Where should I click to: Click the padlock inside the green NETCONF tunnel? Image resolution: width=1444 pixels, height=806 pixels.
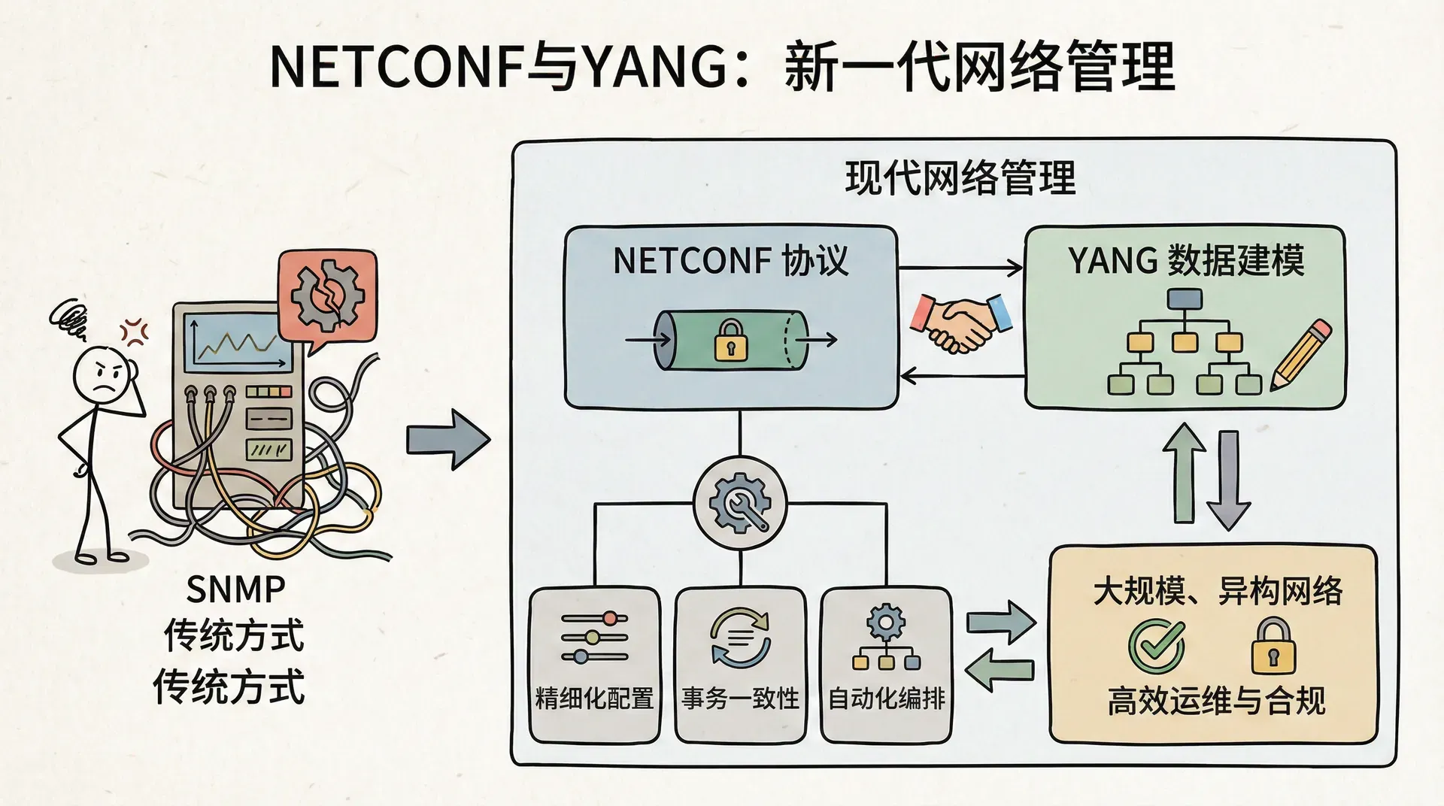click(730, 341)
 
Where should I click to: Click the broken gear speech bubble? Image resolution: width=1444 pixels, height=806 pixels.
click(328, 294)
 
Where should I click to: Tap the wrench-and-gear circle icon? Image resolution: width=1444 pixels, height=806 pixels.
click(740, 503)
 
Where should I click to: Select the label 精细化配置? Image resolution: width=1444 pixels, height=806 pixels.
click(594, 698)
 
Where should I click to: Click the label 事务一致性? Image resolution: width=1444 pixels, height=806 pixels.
click(740, 698)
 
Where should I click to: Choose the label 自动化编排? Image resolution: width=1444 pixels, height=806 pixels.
click(886, 698)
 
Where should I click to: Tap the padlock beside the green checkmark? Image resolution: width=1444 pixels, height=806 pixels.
click(1273, 647)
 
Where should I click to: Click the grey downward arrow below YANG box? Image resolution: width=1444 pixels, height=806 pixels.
click(1228, 480)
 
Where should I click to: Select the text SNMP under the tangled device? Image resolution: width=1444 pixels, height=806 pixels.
click(235, 589)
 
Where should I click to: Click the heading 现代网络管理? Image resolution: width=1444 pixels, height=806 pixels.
click(960, 179)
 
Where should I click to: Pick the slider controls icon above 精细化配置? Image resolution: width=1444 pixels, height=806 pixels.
click(594, 638)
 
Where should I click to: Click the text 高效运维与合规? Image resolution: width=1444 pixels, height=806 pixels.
click(1215, 701)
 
